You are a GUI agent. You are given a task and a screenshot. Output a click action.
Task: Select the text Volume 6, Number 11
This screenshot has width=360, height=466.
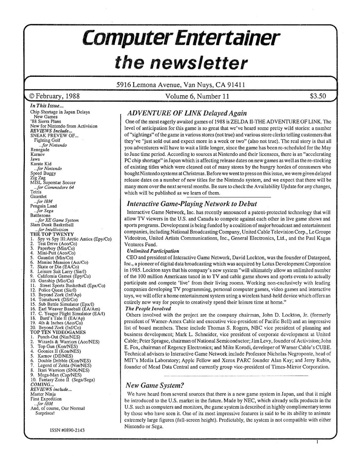(197, 96)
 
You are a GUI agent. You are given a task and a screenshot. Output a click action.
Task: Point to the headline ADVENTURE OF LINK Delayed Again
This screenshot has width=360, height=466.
(187, 113)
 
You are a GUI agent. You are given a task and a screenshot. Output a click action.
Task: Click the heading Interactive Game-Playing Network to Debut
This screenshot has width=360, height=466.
(192, 204)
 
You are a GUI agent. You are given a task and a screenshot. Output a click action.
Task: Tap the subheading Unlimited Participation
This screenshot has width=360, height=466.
(153, 251)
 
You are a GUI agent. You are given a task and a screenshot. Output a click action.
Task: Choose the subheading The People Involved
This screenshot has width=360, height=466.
(148, 308)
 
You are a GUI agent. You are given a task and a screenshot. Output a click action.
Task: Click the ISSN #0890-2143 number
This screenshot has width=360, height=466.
(65, 430)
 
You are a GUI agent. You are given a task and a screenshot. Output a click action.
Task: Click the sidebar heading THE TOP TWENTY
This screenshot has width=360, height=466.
(52, 234)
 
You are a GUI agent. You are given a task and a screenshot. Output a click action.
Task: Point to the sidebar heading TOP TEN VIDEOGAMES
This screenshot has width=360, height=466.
(58, 332)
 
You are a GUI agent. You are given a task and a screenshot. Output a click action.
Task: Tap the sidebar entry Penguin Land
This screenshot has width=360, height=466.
(43, 206)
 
